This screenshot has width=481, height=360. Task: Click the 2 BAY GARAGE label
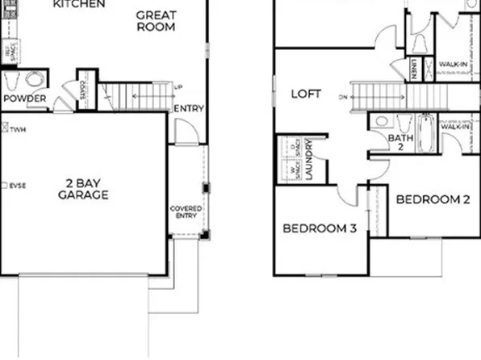pos(83,189)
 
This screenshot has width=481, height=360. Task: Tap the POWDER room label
pos(24,98)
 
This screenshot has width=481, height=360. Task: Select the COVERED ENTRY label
pos(186,211)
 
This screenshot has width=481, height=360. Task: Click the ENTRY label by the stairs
pos(189,109)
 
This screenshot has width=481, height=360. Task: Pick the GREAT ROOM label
pos(157,20)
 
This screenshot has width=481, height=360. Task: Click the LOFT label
pos(306,94)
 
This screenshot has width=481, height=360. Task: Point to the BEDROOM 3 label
pos(320,228)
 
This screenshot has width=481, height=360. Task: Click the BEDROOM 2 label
pos(433,199)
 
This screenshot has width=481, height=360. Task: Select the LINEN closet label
pos(413,71)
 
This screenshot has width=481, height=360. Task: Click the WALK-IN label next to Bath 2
pos(454,126)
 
